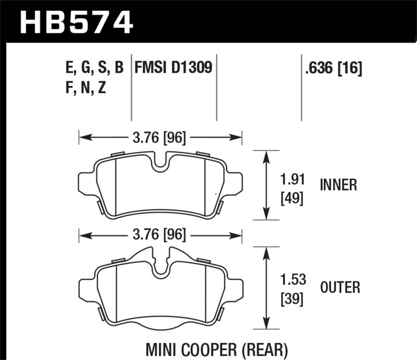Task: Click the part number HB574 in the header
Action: [77, 22]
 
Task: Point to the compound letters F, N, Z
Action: [83, 88]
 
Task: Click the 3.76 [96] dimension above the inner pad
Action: [160, 138]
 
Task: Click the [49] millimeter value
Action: [289, 198]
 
